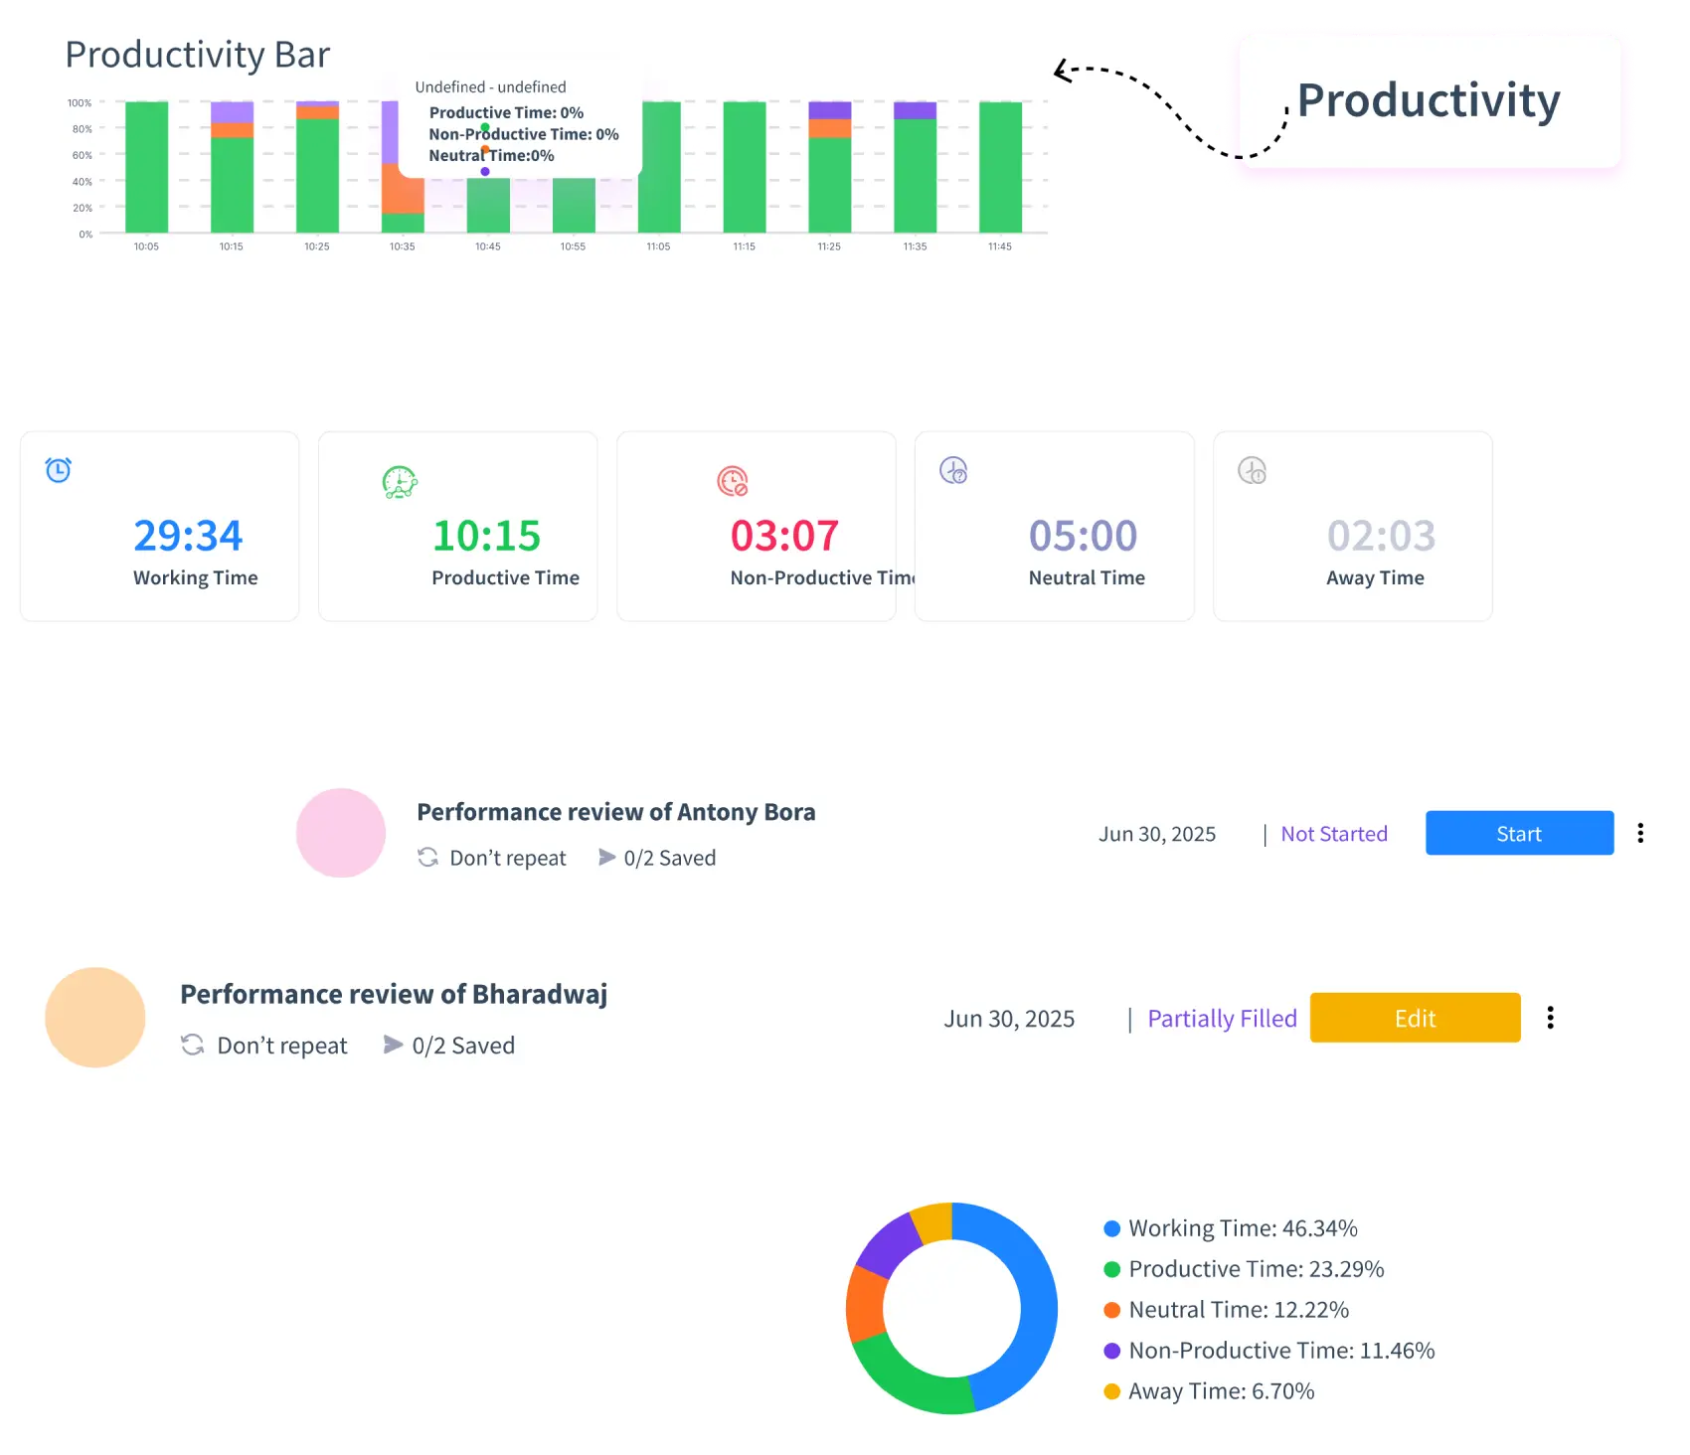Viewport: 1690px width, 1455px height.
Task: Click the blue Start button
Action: (x=1519, y=833)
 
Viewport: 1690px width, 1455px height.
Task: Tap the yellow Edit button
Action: (x=1415, y=1018)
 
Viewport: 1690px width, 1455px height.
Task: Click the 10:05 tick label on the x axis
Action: (x=146, y=246)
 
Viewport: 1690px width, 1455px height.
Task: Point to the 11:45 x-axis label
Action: (x=999, y=246)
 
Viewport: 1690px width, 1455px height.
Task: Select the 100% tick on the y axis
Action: (x=80, y=103)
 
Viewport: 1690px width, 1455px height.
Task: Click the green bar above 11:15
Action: (x=744, y=167)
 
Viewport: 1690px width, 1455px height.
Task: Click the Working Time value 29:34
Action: (x=188, y=536)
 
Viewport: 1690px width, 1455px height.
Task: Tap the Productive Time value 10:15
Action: (x=486, y=536)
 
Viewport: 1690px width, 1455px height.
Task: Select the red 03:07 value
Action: (x=784, y=536)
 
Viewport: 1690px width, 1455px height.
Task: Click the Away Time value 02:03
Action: (x=1381, y=536)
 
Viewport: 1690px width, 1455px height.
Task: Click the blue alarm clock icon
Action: (x=59, y=470)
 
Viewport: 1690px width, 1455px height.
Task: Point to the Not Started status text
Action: (x=1333, y=834)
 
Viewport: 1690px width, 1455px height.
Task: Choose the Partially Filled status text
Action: (x=1222, y=1019)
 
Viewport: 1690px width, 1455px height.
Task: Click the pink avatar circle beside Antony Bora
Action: (x=341, y=833)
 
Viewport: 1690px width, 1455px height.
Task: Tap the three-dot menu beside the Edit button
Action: (x=1550, y=1018)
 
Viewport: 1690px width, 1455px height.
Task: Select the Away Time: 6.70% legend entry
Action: (x=1220, y=1391)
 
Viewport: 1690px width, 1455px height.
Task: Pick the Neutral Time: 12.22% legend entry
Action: (x=1238, y=1310)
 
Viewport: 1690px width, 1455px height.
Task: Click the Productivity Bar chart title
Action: (x=197, y=55)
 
